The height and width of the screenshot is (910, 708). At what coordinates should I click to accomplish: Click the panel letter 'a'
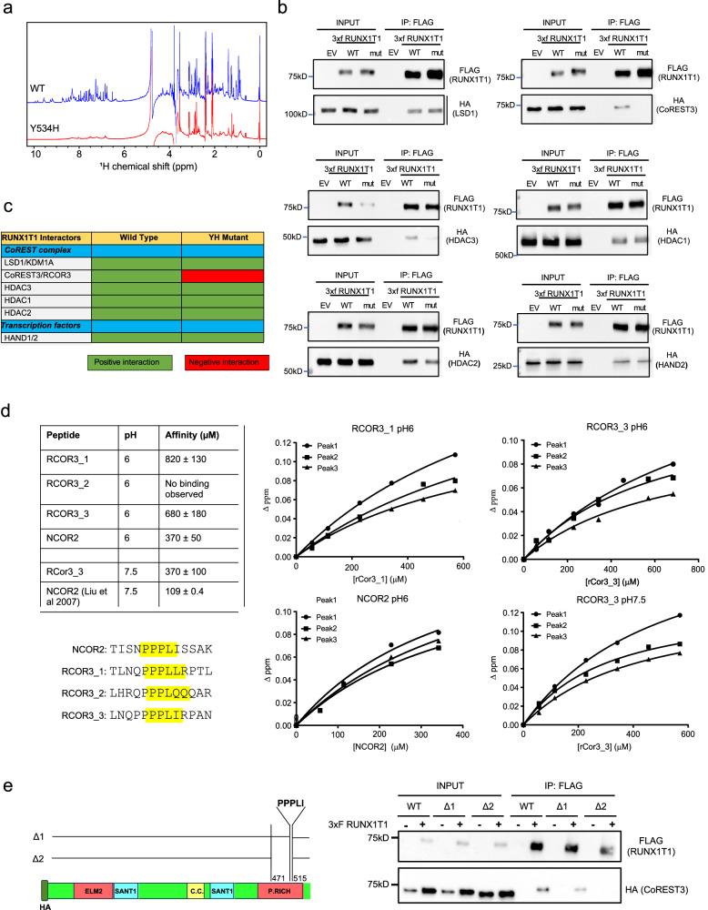[7, 8]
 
